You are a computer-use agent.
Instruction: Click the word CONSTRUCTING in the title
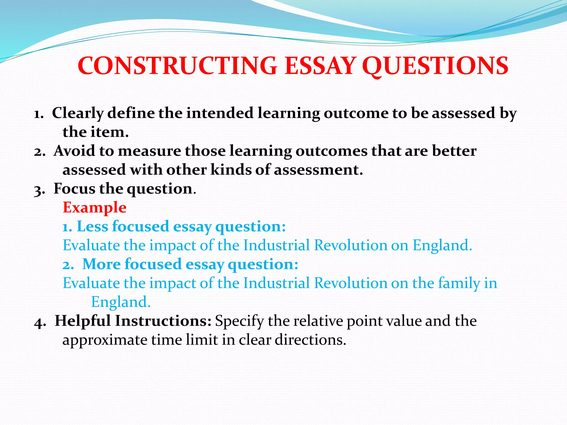click(x=177, y=66)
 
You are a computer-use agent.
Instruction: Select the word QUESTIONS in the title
click(x=435, y=66)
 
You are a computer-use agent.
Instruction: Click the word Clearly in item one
click(x=78, y=113)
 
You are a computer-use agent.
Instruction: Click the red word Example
click(x=95, y=208)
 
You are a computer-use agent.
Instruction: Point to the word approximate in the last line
click(x=105, y=340)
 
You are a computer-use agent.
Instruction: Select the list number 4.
click(x=40, y=322)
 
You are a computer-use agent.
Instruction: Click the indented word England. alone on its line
click(x=121, y=302)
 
